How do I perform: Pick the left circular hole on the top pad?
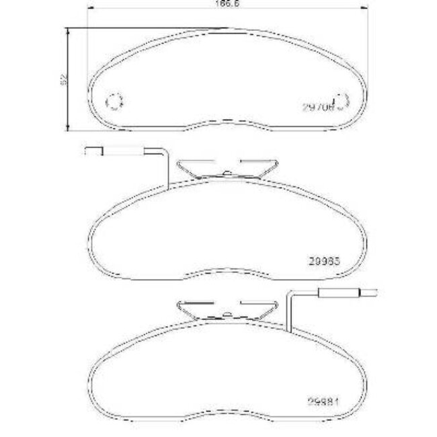(114, 102)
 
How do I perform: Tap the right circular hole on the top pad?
(341, 102)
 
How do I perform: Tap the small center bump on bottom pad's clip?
(229, 313)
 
